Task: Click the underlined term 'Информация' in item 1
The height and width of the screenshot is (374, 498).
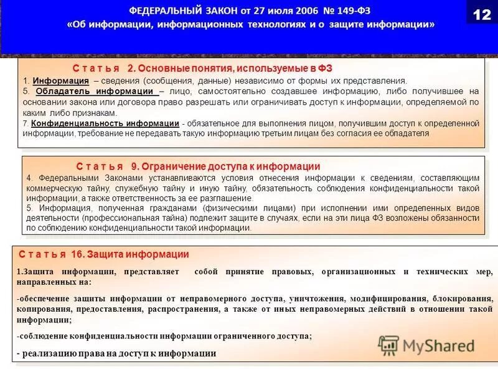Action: pos(60,81)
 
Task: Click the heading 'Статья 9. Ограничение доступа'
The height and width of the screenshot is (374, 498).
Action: pos(198,166)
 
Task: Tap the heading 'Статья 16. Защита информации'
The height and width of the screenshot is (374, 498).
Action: pos(103,254)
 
